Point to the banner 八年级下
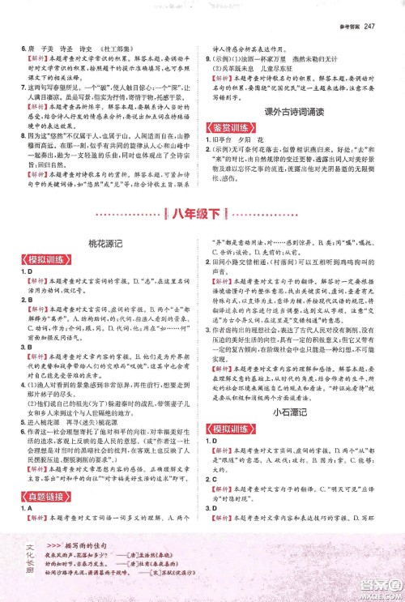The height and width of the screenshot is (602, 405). pos(202,213)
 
